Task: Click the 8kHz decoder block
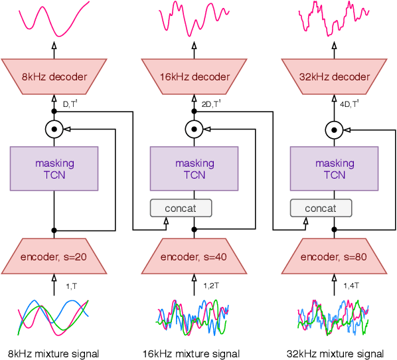point(54,76)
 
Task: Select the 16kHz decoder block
point(195,76)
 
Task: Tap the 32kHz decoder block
point(335,76)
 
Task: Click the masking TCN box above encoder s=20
point(54,169)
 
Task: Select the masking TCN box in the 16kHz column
point(195,169)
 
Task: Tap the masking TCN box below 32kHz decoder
point(335,169)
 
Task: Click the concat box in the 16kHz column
point(181,208)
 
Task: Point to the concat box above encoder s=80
point(321,208)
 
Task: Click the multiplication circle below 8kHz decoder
point(54,129)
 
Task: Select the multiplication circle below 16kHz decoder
point(195,129)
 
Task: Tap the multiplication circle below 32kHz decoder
point(335,129)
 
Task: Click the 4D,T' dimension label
point(349,104)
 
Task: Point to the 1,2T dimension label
point(210,286)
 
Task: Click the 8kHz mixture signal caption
point(54,353)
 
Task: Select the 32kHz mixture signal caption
point(335,353)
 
